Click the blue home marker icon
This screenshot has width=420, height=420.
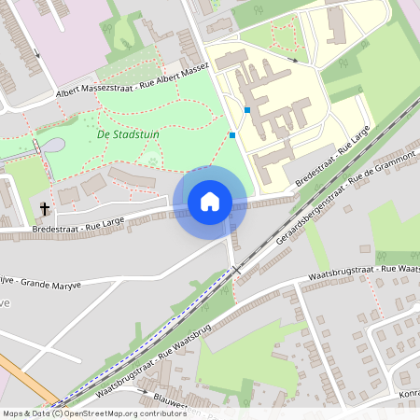[x=210, y=202]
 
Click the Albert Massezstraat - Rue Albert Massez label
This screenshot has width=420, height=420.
[x=132, y=81]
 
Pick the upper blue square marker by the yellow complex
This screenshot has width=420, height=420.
[x=247, y=110]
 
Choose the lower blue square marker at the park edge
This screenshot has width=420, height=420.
[x=232, y=135]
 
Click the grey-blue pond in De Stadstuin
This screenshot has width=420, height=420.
[x=53, y=147]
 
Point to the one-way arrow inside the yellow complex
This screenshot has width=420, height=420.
[x=293, y=60]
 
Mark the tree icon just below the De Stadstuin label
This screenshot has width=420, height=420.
[x=153, y=161]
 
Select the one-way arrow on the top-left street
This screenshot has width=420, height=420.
[x=37, y=52]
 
